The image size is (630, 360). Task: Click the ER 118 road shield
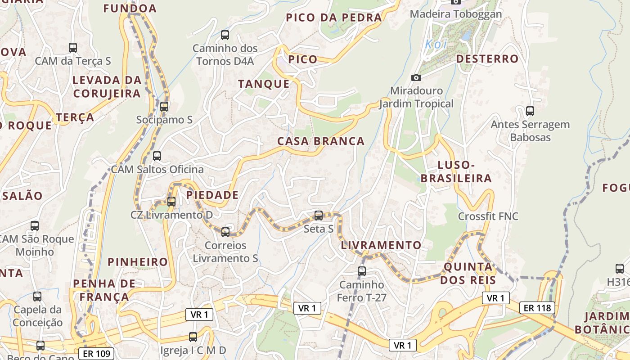[x=537, y=308]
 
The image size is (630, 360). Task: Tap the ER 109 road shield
[x=97, y=354]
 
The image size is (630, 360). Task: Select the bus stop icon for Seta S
[x=319, y=216]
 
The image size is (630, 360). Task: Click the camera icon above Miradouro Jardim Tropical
[x=416, y=77]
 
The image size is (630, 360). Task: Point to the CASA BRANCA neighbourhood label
[x=321, y=141]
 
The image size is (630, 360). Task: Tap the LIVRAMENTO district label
[x=381, y=245]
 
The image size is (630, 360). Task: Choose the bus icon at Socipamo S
[x=164, y=107]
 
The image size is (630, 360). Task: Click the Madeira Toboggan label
[x=455, y=14]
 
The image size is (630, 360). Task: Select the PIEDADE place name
[x=212, y=195]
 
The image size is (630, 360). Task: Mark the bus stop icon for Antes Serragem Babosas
[x=530, y=111]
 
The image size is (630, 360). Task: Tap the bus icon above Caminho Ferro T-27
[x=362, y=271]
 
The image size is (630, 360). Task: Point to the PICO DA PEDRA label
[x=334, y=18]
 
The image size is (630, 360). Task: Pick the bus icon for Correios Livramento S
[x=225, y=232]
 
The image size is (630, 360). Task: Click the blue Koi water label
[x=435, y=45]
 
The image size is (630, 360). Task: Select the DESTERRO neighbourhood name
[x=487, y=59]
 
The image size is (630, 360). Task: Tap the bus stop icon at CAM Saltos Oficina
[x=157, y=156]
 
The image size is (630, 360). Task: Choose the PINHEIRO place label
[x=138, y=262]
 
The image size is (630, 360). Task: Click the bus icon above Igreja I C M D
[x=193, y=337]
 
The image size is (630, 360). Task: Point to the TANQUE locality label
[x=264, y=84]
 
